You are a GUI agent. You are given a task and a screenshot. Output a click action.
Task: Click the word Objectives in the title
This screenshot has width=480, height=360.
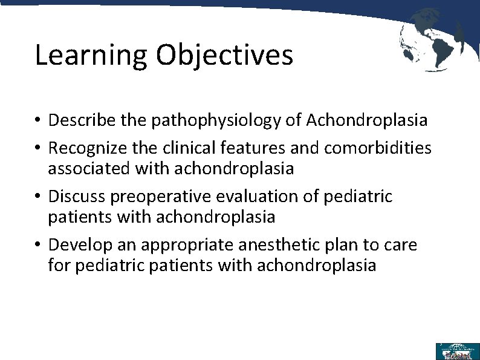coord(224,56)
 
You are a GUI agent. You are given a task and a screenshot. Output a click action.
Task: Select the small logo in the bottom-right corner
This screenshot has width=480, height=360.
coord(457,351)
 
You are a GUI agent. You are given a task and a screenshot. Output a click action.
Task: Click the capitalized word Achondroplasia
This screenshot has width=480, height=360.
coord(366,120)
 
